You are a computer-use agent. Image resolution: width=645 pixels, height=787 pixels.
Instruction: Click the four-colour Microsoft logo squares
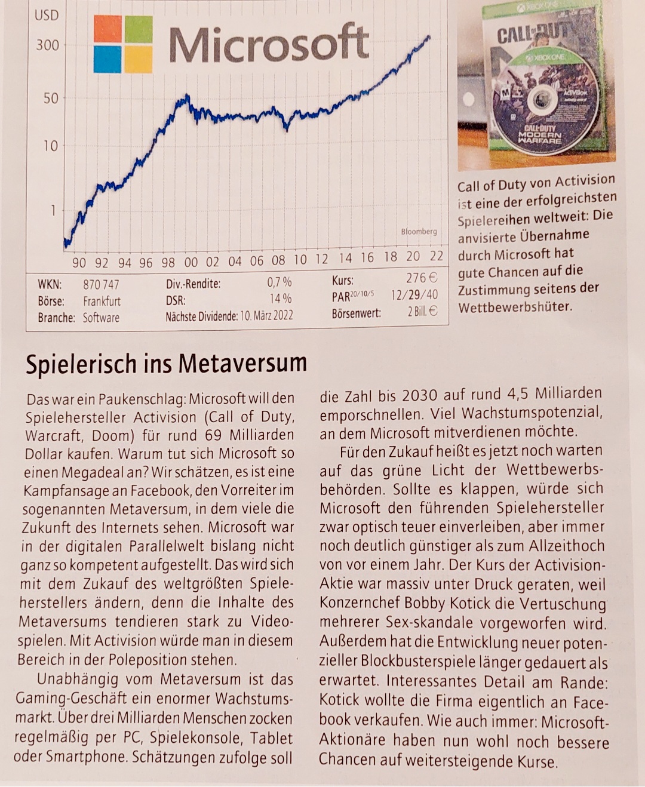[123, 44]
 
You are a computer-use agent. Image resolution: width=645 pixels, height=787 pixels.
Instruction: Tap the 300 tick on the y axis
[48, 45]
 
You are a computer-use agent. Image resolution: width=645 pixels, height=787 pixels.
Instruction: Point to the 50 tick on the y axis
[51, 98]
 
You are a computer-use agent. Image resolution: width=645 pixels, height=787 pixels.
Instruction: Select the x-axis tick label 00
[191, 262]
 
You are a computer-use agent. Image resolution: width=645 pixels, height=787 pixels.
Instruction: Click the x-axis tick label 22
[437, 256]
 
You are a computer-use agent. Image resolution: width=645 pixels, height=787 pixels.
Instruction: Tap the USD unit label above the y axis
[47, 16]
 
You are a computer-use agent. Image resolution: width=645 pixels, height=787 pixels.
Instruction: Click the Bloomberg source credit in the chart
[419, 231]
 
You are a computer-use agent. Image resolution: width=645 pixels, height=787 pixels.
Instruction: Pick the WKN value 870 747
[101, 285]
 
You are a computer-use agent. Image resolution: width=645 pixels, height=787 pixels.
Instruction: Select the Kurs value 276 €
[422, 278]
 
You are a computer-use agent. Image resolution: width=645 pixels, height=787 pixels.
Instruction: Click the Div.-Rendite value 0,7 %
[279, 282]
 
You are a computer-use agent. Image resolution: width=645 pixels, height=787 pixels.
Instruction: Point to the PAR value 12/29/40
[414, 295]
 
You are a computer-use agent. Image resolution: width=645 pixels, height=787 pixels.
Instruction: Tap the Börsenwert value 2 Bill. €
[422, 311]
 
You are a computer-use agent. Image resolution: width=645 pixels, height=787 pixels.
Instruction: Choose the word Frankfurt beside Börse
[102, 301]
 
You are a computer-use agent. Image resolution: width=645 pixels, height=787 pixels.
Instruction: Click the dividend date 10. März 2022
[266, 315]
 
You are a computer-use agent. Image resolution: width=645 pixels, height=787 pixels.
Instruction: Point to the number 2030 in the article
[423, 395]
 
